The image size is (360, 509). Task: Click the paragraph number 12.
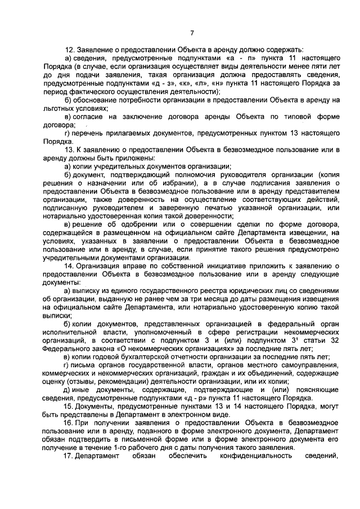coord(70,50)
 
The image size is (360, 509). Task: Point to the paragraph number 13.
coord(70,150)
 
